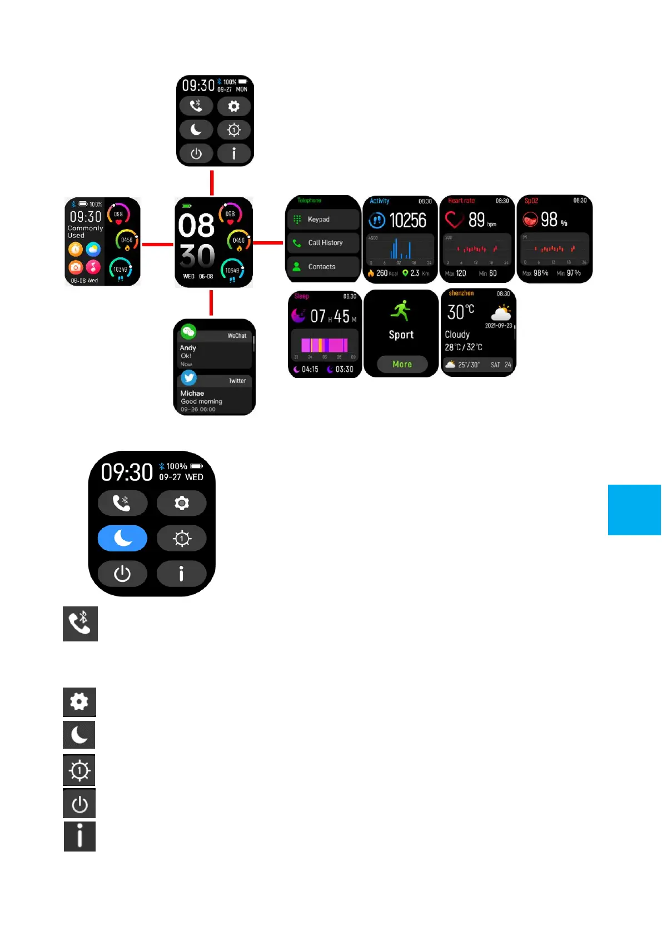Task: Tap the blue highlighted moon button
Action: point(122,538)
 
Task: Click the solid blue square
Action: point(634,510)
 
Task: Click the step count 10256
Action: point(407,221)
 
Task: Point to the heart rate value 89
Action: point(476,220)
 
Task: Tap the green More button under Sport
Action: point(402,365)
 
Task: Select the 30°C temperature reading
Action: point(461,312)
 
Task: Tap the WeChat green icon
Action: point(188,332)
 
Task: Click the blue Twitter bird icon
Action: point(188,378)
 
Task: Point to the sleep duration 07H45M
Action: point(333,317)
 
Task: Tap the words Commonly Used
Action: point(85,232)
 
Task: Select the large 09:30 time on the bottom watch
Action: point(127,472)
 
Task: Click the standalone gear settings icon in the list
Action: point(79,701)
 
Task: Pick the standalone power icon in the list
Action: point(79,804)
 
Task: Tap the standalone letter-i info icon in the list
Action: point(79,836)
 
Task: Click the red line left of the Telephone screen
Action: point(268,243)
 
